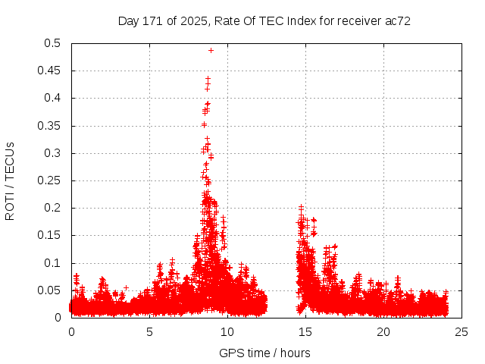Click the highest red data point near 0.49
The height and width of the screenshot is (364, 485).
(x=211, y=51)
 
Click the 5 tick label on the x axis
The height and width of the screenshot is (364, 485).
(x=149, y=331)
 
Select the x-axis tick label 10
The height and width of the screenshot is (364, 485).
(x=227, y=331)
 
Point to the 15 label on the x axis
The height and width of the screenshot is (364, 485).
(x=305, y=331)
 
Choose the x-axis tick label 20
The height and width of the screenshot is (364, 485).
(x=383, y=331)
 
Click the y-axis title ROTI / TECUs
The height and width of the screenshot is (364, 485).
(x=10, y=180)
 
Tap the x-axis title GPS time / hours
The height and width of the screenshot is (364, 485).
(x=264, y=353)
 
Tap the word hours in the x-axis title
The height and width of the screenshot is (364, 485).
(x=294, y=353)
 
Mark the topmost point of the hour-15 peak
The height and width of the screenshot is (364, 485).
(x=301, y=207)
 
